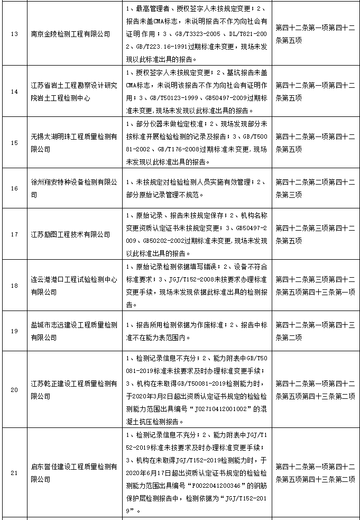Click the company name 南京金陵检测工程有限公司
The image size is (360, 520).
[x=70, y=34]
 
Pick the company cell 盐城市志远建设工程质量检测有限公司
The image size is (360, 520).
[x=73, y=331]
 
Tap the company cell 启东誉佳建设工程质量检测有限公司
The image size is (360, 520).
[x=73, y=472]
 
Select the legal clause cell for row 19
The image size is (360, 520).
[x=315, y=331]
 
